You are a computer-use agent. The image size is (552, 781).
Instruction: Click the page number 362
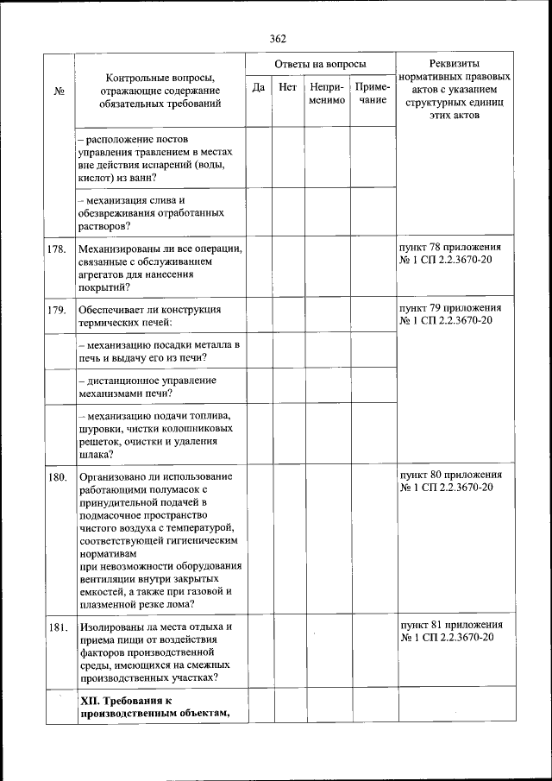[277, 38]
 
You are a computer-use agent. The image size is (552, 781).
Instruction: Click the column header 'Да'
[258, 87]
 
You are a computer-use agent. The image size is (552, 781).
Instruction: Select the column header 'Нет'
[287, 87]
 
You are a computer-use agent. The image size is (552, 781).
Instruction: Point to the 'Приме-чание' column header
[373, 94]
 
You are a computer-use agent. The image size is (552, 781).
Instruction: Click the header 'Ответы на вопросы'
[320, 65]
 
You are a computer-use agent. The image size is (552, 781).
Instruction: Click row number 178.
[58, 249]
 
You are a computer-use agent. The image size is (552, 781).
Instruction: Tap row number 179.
[58, 309]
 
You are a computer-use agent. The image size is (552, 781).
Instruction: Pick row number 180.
[58, 476]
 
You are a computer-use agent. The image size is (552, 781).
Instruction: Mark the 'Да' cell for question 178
[258, 268]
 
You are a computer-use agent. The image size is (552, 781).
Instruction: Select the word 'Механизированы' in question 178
[118, 249]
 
